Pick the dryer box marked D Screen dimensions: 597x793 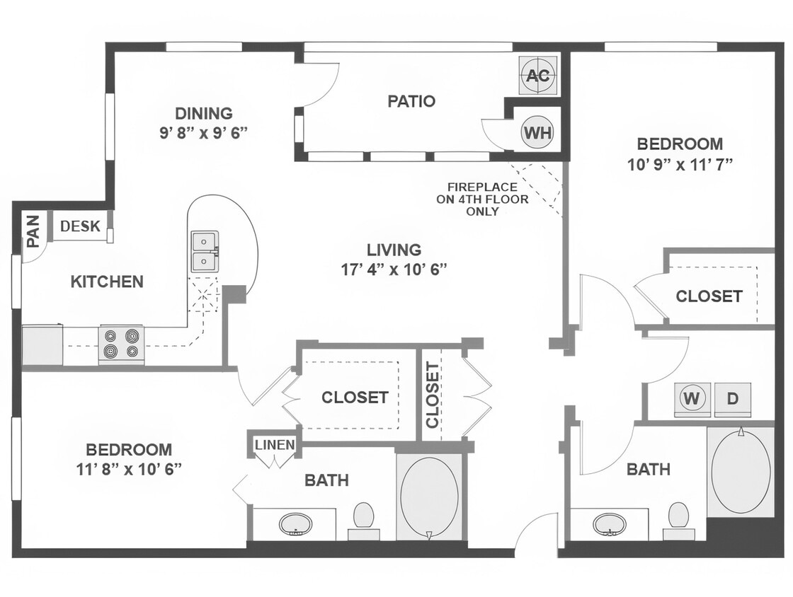pos(732,398)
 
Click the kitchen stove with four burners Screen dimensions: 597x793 pos(121,344)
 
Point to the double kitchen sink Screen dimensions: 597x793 pos(205,251)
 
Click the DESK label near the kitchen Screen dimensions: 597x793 pos(80,226)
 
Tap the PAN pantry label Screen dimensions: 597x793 pos(33,231)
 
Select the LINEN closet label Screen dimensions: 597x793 pos(275,445)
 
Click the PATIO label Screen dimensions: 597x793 pos(411,101)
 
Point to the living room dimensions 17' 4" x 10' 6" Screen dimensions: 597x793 pos(394,269)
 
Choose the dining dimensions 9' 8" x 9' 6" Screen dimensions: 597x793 pos(203,132)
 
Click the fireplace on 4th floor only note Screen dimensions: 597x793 pos(487,199)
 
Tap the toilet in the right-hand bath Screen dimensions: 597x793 pos(678,515)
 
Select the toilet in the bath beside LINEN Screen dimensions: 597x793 pos(363,515)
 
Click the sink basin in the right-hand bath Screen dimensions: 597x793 pos(609,524)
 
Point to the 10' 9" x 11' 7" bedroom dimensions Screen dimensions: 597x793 pos(680,164)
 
